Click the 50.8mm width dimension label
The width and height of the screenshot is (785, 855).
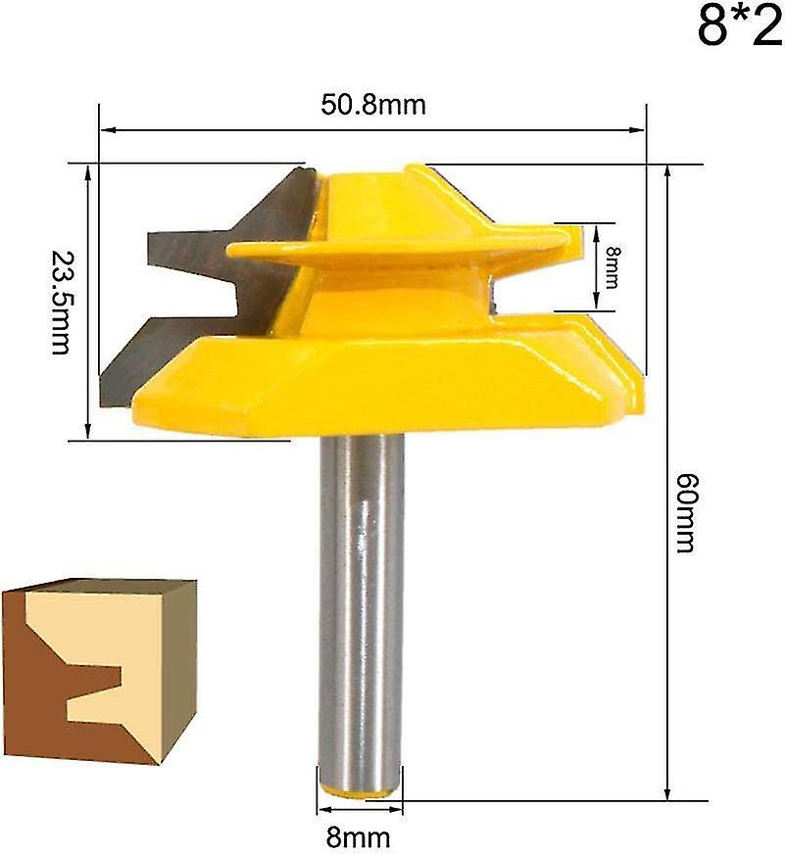373,105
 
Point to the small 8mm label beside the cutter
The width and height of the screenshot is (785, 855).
612,265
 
